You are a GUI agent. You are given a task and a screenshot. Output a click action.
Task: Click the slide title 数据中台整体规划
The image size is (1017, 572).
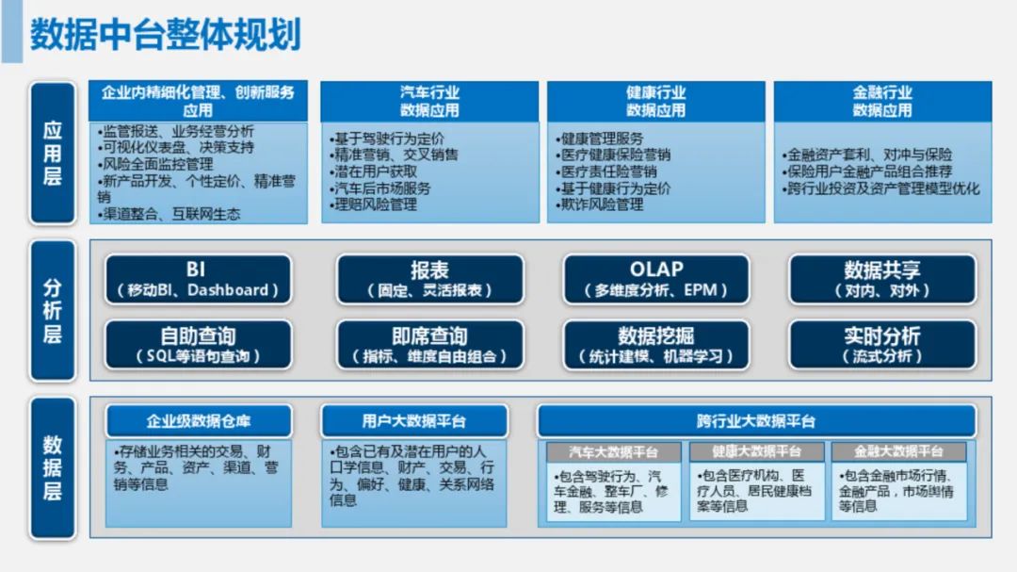point(166,34)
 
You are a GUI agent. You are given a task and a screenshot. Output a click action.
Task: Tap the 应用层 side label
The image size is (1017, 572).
point(53,154)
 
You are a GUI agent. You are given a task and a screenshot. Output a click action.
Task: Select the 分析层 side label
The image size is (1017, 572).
point(53,310)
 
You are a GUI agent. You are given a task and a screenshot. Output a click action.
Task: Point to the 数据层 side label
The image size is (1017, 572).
point(53,468)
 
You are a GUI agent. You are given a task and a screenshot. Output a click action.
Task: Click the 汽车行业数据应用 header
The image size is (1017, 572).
point(429,101)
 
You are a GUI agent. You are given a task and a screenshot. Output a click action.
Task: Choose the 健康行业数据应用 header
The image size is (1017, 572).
point(655,101)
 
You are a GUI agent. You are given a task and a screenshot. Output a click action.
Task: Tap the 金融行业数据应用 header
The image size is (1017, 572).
point(882,101)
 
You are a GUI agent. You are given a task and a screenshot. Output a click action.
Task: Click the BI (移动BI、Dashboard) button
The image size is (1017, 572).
point(198,279)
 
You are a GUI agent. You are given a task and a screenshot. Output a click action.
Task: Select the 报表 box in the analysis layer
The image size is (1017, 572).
point(429,279)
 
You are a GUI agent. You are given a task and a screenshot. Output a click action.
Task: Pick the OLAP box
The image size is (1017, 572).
point(655,279)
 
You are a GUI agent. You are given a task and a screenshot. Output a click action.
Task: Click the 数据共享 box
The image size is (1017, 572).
point(882,279)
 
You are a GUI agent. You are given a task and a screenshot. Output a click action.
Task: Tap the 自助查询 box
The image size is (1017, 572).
point(198,345)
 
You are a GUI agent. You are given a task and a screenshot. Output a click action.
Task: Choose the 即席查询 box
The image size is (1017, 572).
point(429,345)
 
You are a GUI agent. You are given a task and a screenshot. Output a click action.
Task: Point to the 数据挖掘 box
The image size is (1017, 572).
point(655,345)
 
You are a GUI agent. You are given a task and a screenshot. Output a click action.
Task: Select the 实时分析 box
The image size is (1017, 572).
point(882,345)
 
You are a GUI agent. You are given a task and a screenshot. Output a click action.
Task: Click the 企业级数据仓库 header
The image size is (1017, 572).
point(199,421)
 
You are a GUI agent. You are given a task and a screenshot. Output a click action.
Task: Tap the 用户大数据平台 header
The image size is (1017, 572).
point(414,421)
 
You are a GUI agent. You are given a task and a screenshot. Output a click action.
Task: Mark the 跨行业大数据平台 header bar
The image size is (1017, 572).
point(756,421)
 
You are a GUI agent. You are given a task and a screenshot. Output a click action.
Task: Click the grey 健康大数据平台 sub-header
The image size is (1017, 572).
point(756,451)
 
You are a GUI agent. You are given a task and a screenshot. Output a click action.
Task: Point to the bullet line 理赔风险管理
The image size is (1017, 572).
point(374,205)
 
